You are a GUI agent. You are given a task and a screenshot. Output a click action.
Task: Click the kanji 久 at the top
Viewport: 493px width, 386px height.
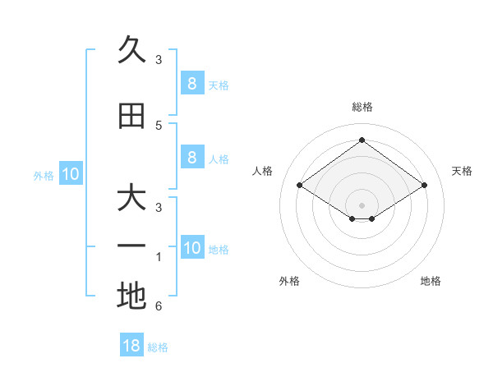pos(131,50)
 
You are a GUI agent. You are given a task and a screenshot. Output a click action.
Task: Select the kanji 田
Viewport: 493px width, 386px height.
pos(131,117)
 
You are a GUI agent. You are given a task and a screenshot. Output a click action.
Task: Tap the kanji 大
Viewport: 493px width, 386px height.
pos(131,199)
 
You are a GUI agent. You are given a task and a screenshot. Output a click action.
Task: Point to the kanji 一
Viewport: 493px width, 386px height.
pos(131,246)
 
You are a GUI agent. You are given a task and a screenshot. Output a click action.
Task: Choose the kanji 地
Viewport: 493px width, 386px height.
pos(131,296)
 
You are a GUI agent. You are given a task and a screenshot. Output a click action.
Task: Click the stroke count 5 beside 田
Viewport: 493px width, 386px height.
pos(159,125)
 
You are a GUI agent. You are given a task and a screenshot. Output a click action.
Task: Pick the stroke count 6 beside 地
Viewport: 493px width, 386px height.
pos(159,306)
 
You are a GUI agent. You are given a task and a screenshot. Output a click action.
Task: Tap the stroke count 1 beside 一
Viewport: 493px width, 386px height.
pos(159,257)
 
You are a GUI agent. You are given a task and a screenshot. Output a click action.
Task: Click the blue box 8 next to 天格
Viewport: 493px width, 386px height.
pos(191,83)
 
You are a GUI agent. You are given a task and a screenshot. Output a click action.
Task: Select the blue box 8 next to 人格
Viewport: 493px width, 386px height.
pos(191,158)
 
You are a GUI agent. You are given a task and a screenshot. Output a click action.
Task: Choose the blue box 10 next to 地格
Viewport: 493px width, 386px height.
pos(191,248)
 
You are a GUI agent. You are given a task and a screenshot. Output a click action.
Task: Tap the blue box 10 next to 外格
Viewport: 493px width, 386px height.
pos(71,174)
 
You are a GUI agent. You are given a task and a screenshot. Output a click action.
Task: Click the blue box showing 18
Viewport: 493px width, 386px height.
pos(131,346)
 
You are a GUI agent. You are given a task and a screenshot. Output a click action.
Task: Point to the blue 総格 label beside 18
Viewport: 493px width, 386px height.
pos(158,347)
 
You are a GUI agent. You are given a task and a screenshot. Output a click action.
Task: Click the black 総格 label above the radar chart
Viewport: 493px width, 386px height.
pos(362,107)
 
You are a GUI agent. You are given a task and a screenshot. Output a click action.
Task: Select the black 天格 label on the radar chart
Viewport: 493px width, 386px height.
pos(462,171)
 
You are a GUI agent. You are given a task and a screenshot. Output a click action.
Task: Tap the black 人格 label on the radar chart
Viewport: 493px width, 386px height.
pos(263,171)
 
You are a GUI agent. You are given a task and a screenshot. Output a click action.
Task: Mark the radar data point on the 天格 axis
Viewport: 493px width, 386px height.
pos(424,186)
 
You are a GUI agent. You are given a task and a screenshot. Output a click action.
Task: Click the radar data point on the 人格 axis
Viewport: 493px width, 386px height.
pos(300,186)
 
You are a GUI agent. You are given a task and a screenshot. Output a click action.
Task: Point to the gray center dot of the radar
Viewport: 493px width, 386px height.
pos(362,204)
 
